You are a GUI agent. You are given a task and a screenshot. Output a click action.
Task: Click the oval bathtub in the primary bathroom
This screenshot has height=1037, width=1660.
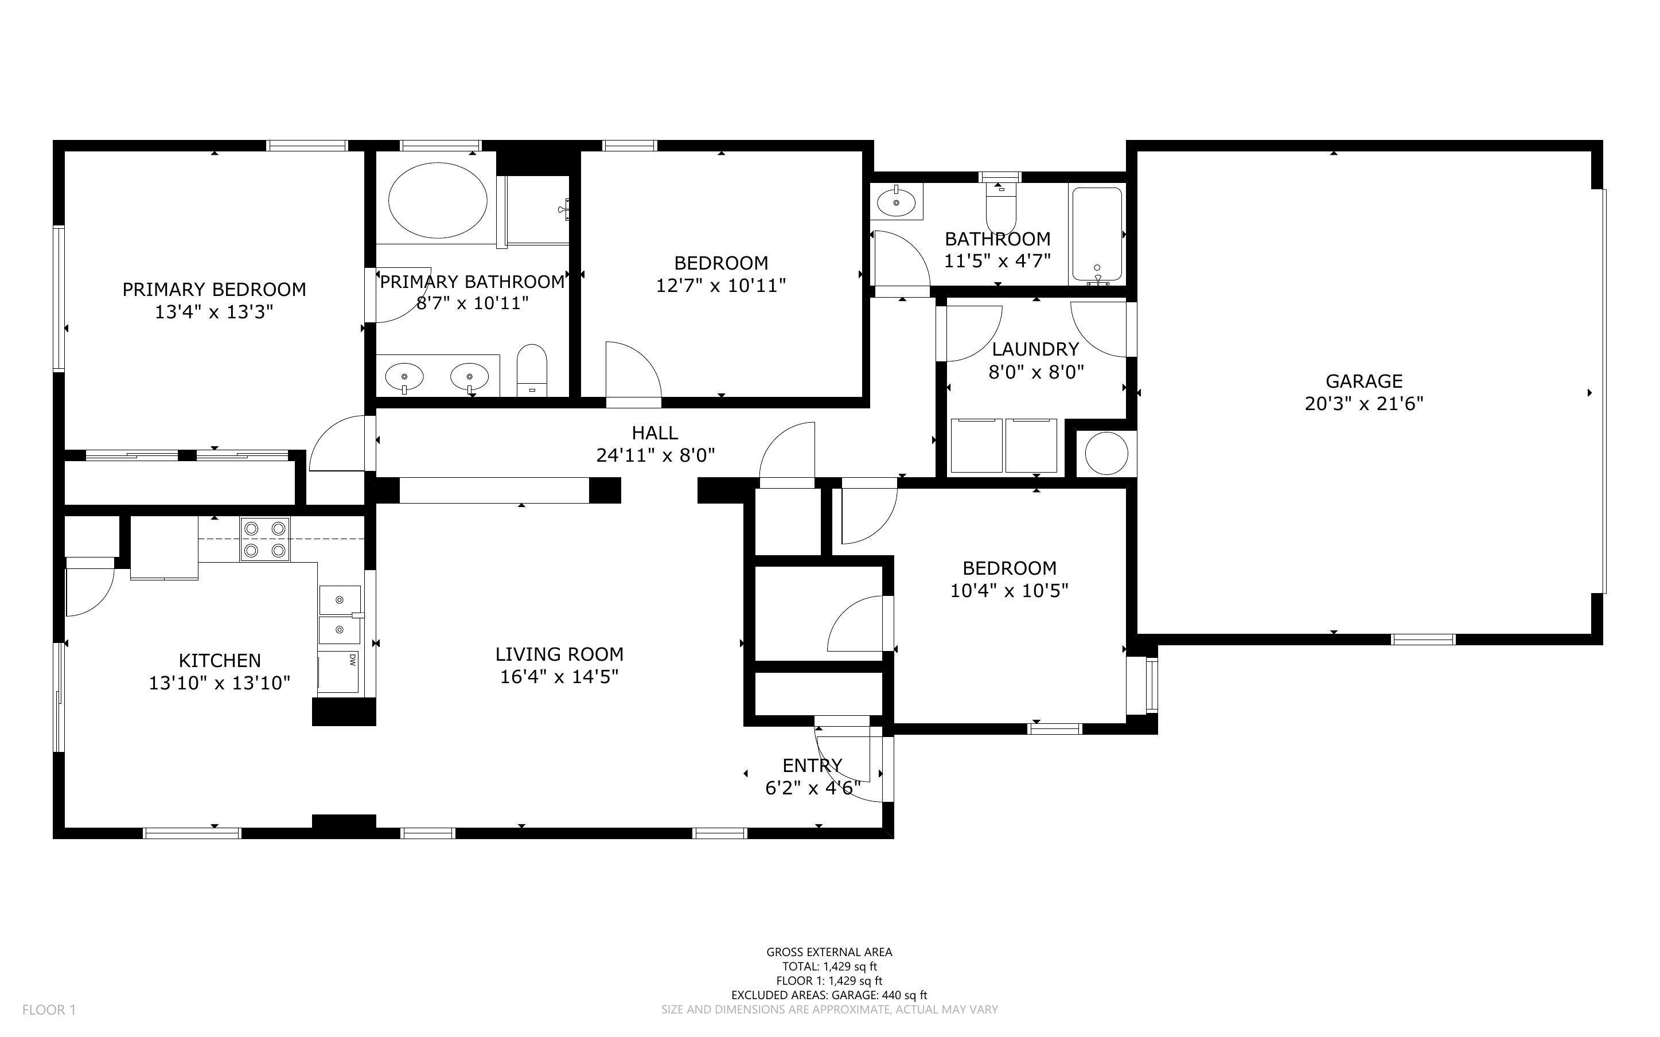click(438, 200)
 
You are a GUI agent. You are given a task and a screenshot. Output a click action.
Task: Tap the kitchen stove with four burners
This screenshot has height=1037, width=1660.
click(264, 539)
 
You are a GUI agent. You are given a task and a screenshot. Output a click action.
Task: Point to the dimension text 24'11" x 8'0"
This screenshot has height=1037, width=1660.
click(655, 455)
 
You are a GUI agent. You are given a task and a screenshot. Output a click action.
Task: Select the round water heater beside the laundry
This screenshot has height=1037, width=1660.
click(1106, 453)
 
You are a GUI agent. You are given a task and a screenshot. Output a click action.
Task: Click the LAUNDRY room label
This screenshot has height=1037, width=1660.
click(1035, 349)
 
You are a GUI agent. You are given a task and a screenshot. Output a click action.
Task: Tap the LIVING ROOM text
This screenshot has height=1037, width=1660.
click(559, 654)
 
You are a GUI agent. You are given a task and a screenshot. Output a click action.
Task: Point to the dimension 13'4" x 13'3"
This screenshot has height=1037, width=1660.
click(214, 312)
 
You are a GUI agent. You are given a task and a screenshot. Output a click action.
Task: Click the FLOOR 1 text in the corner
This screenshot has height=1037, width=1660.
click(49, 1009)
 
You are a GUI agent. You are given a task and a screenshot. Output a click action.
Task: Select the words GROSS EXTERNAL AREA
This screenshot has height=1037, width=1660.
click(828, 952)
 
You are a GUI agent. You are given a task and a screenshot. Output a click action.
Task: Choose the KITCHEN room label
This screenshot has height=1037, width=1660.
click(220, 661)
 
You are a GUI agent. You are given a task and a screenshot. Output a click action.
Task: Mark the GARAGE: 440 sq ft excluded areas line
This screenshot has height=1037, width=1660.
click(828, 995)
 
